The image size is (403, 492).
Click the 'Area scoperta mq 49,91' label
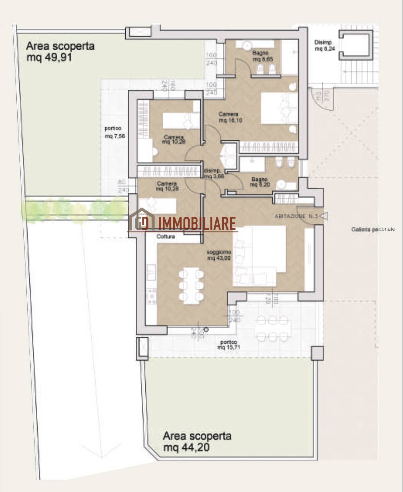(x=60, y=51)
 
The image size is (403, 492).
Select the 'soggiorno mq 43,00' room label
(x=219, y=255)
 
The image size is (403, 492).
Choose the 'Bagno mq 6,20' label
(x=259, y=182)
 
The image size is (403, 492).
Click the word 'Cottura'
(x=166, y=236)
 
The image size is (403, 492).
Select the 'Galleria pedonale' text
(x=373, y=229)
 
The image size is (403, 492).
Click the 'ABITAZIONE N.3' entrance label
(x=296, y=216)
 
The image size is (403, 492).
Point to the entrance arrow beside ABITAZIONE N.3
(x=324, y=217)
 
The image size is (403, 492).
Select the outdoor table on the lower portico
(x=273, y=327)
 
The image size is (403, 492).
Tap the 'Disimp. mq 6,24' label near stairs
(x=323, y=46)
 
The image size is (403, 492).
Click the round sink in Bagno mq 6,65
(x=247, y=45)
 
